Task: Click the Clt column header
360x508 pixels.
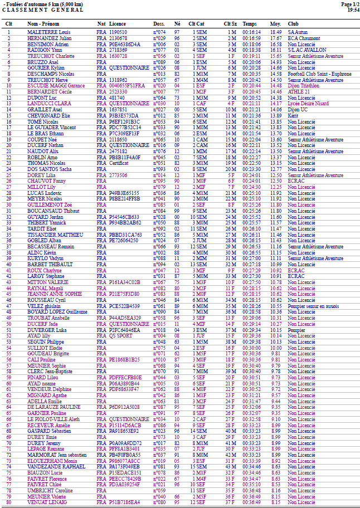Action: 9,24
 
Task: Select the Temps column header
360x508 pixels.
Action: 250,24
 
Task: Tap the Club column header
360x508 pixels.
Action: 293,24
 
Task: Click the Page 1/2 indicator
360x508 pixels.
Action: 351,4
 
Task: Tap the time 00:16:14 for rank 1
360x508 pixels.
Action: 251,32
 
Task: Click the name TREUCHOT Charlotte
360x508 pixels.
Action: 51,56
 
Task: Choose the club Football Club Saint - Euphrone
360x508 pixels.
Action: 319,74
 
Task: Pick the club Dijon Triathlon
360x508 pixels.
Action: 304,85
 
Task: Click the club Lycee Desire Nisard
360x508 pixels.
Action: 308,103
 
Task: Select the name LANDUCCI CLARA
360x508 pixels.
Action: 49,103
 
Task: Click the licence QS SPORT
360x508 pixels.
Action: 120,335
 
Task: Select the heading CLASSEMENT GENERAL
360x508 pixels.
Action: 43,10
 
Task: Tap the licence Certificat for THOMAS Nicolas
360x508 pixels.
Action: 119,163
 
